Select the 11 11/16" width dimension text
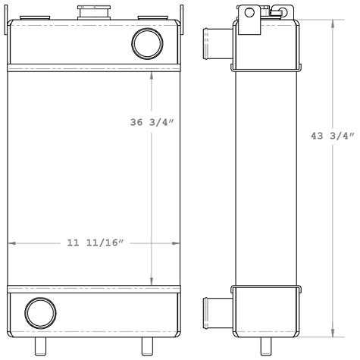tap(95, 243)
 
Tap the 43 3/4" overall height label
tap(333, 137)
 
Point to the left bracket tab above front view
tap(9, 14)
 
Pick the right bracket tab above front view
tap(180, 14)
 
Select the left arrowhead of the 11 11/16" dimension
tap(11, 243)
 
